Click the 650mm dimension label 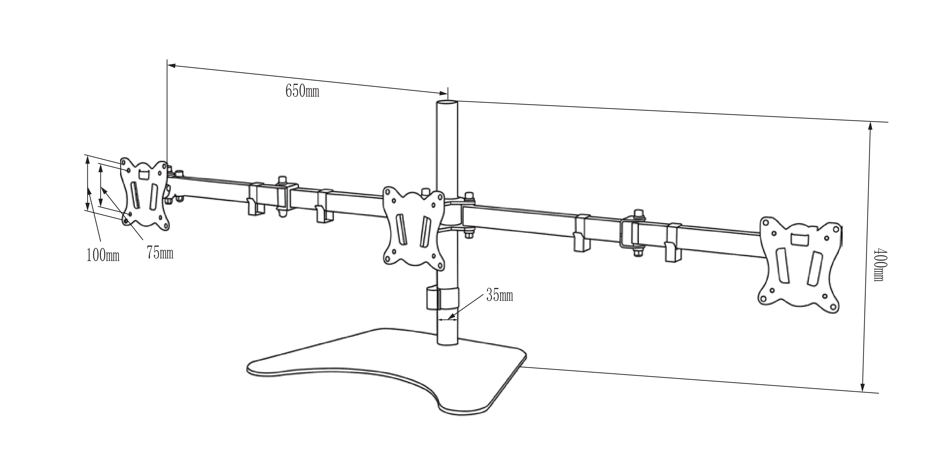(x=302, y=91)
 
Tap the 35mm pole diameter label (x=499, y=296)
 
